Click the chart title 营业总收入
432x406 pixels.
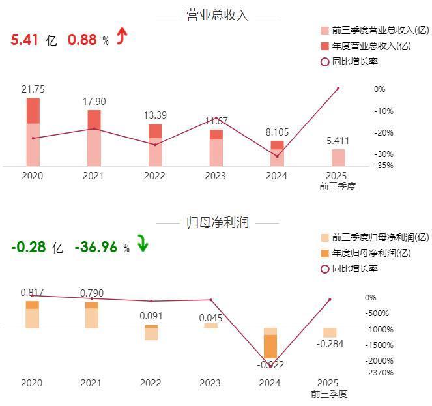point(216,15)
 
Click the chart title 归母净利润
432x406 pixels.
point(216,222)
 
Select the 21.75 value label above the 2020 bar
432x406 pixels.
point(33,89)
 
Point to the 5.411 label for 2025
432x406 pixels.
point(338,139)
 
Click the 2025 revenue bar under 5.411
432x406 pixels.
point(338,158)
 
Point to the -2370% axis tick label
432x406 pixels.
point(379,373)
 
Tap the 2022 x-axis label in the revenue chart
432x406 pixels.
point(154,176)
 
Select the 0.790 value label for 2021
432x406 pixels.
point(91,293)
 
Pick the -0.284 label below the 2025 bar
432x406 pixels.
point(330,344)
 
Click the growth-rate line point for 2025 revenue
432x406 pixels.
point(338,88)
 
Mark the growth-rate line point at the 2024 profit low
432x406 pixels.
point(270,366)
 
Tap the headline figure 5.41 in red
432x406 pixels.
point(25,40)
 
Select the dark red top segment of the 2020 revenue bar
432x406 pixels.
point(33,110)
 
